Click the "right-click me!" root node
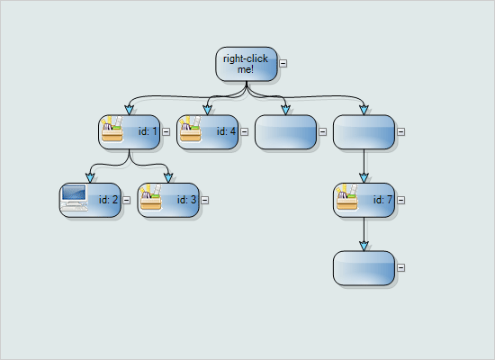[x=246, y=63]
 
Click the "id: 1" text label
[x=148, y=131]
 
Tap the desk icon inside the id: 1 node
[x=112, y=131]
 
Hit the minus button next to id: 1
[x=166, y=131]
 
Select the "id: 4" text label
[x=226, y=131]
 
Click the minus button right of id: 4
[x=245, y=131]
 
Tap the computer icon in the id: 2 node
[x=74, y=199]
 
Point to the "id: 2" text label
[x=109, y=200]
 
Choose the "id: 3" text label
[x=187, y=200]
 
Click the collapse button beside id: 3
[x=205, y=200]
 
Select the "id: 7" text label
[x=382, y=200]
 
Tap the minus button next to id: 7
[x=401, y=200]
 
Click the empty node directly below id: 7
[x=364, y=267]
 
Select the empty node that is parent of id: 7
[x=364, y=131]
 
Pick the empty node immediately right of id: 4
[x=285, y=131]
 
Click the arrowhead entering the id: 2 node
[x=90, y=178]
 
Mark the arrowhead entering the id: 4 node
[x=207, y=110]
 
